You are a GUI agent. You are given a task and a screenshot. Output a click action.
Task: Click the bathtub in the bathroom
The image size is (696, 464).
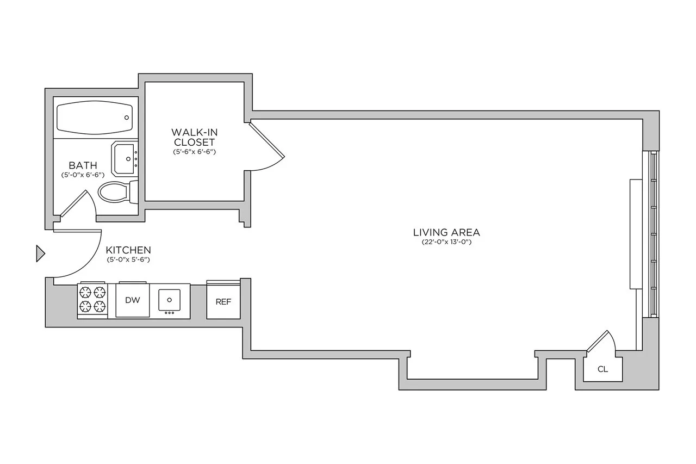pos(95,117)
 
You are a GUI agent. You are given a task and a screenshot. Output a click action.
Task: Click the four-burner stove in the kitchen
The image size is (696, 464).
pos(92,299)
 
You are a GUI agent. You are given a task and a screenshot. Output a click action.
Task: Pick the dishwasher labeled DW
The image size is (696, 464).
pos(132,300)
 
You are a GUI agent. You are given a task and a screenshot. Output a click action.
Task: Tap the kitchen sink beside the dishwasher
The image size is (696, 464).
pos(170,299)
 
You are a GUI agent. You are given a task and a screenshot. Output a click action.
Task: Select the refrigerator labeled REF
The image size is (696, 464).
pos(223,301)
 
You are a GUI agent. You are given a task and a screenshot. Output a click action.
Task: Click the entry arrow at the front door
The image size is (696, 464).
pos(40,253)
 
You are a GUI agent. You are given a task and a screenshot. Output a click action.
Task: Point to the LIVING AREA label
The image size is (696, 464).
pos(446,233)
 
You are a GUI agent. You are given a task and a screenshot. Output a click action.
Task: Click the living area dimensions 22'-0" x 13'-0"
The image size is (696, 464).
pos(446,242)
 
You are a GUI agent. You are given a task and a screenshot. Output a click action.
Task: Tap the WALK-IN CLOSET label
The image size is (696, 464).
pos(193,137)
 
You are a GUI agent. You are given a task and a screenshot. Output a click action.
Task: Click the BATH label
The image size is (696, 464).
pos(83,165)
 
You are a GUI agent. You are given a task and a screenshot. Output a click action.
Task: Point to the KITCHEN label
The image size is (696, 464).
pos(128,250)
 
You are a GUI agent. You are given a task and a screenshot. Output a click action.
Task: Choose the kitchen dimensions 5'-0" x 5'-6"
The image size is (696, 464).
pos(128,259)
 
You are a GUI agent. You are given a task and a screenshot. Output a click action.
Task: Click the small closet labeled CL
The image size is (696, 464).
pos(602,369)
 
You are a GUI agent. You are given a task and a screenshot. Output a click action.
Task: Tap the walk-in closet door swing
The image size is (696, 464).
pos(266,147)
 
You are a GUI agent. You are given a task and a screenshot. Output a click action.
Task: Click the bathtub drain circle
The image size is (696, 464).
pos(127,117)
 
